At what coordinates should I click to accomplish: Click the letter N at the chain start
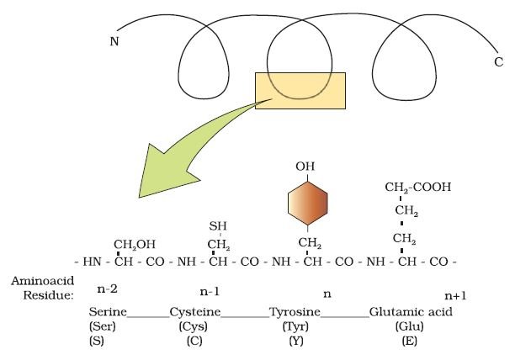coord(114,42)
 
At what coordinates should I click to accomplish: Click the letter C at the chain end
coord(498,61)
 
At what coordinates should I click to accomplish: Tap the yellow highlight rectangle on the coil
coord(300,91)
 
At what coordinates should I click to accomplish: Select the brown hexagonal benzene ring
coord(308,204)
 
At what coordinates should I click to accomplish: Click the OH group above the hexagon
coord(305,167)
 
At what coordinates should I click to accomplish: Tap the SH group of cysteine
coord(218,226)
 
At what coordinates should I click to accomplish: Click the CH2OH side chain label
coord(135,245)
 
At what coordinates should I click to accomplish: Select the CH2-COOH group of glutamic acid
coord(418,188)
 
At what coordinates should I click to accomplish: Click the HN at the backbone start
coord(92,262)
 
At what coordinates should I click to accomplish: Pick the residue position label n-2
coord(108,289)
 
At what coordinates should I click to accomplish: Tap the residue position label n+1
coord(455,296)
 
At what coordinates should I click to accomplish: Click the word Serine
coord(108,311)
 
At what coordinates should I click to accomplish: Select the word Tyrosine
coord(295,312)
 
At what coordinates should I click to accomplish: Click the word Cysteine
coord(195,312)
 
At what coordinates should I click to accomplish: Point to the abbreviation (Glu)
coord(409,326)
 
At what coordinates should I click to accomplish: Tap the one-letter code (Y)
coord(296,341)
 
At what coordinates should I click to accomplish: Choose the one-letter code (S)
coord(97,341)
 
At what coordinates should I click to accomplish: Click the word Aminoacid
coord(43,281)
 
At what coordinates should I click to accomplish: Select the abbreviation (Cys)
coord(194,326)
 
